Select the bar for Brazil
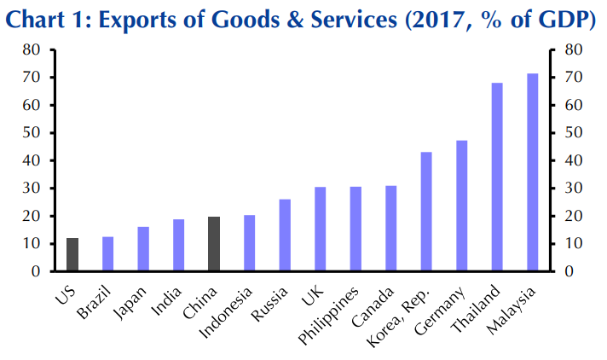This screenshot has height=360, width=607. [107, 254]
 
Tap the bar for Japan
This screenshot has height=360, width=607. [143, 249]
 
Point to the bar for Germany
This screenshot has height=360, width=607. [461, 206]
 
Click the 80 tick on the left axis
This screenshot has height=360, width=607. [33, 49]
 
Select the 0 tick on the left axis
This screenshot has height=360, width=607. [38, 271]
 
